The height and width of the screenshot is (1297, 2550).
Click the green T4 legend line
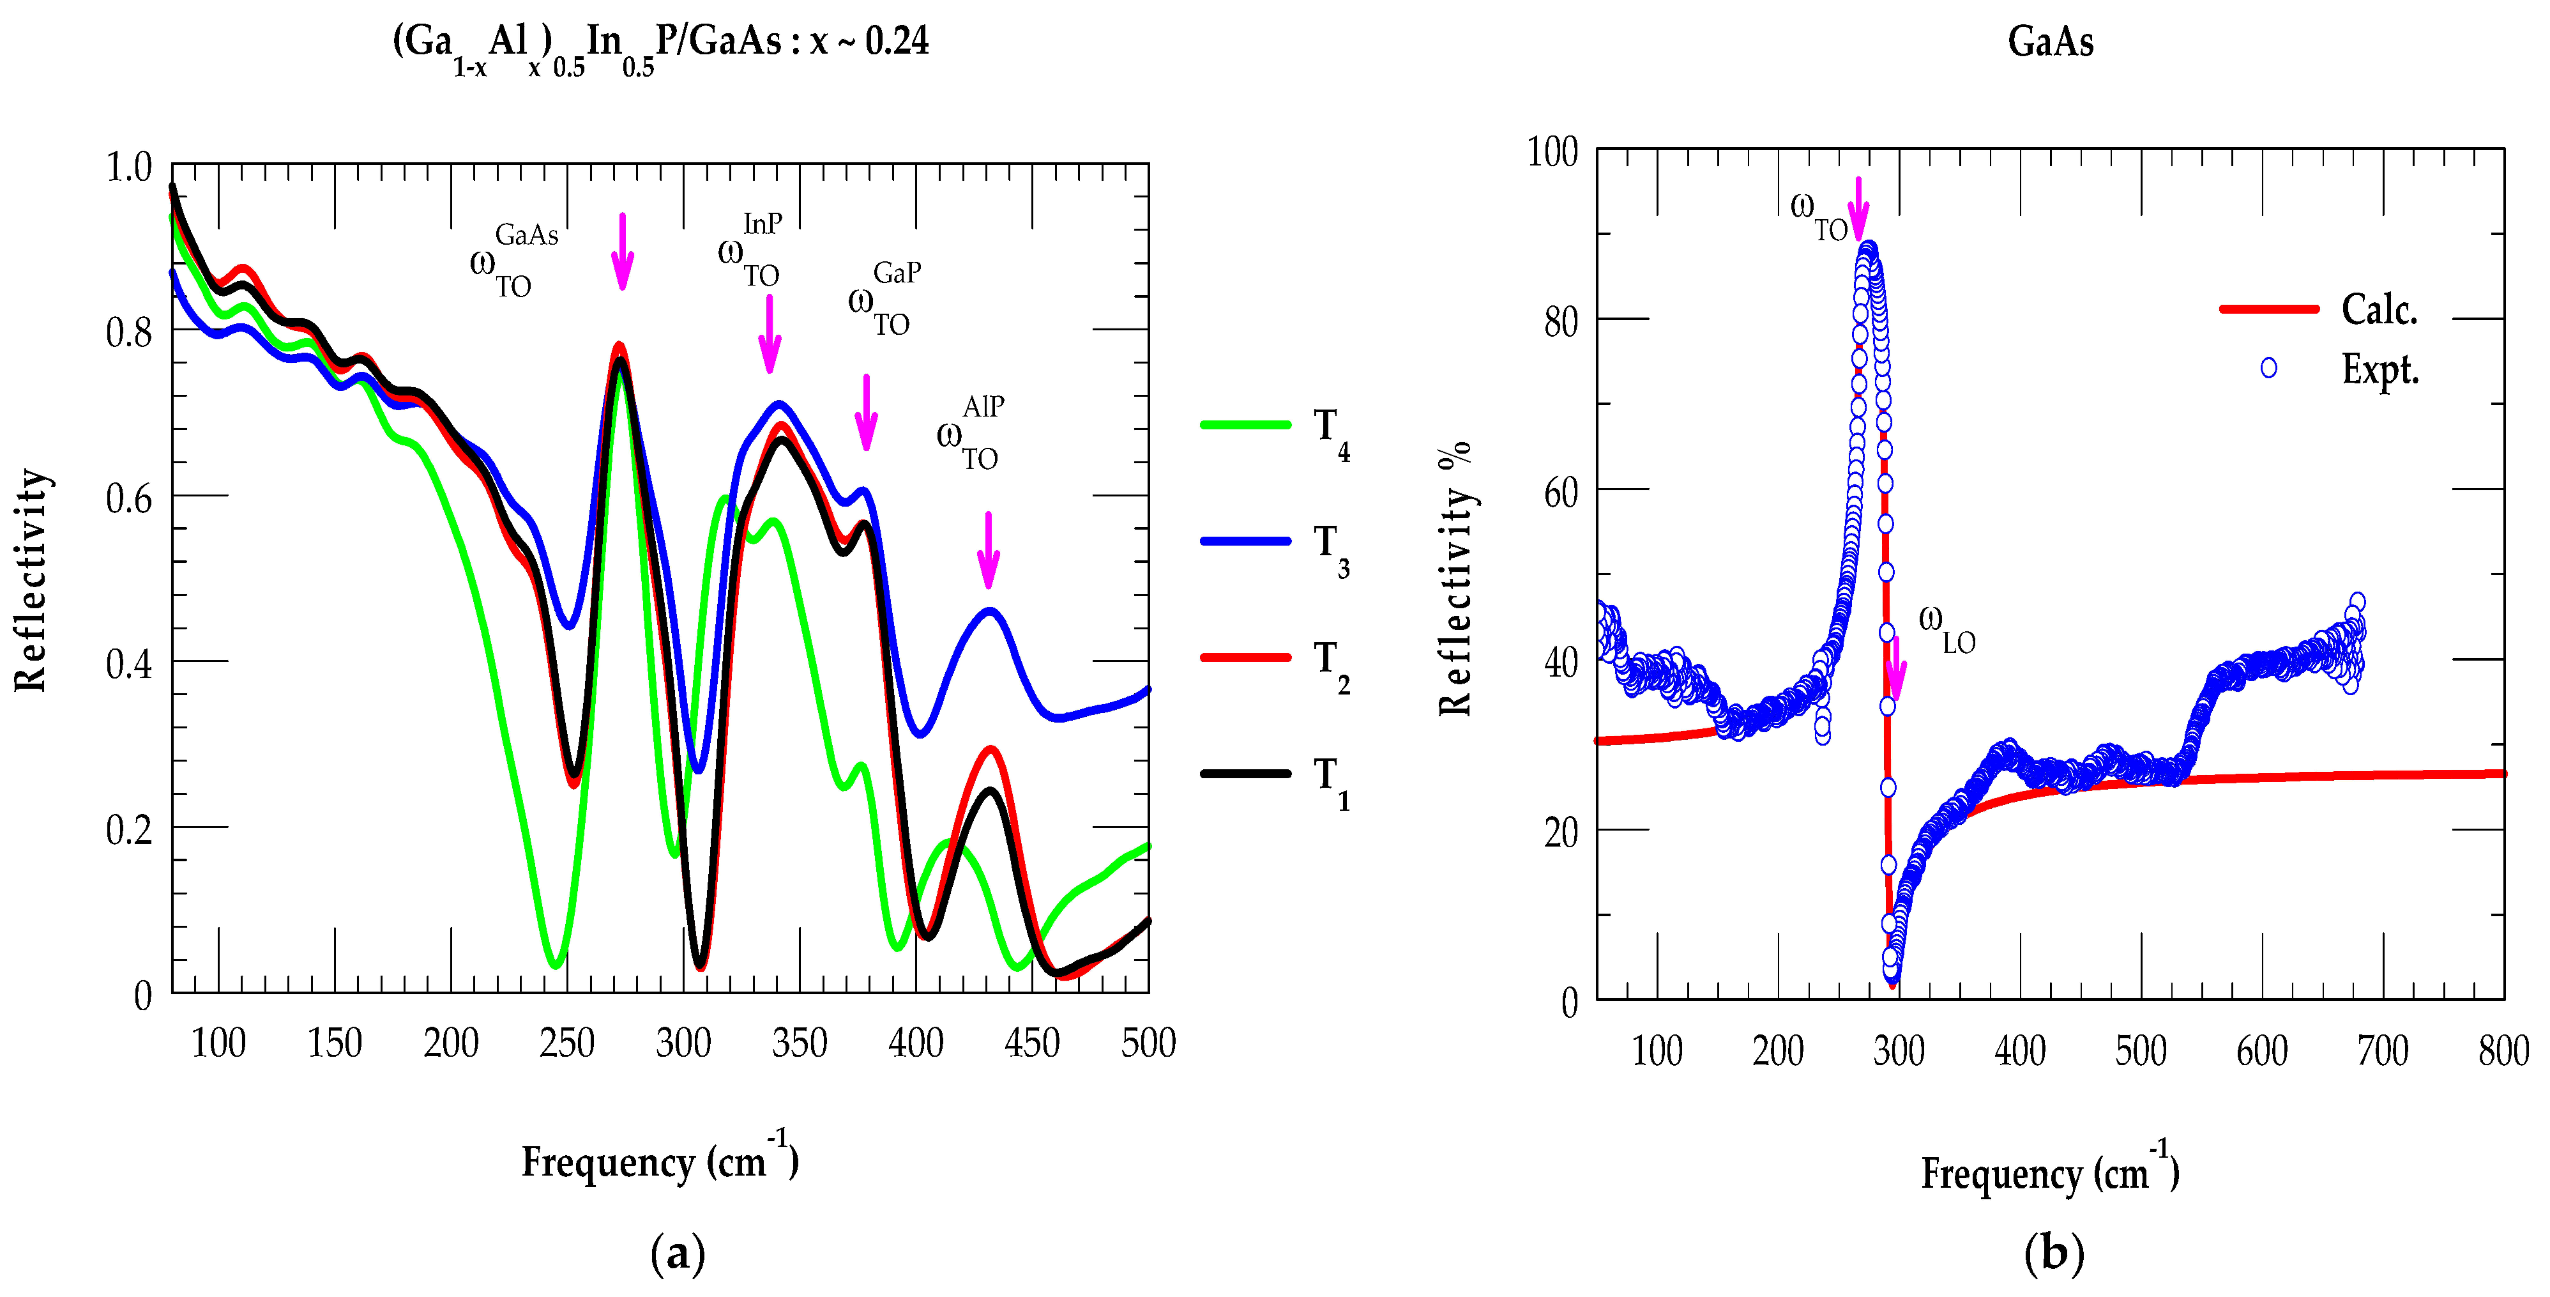[x=1245, y=425]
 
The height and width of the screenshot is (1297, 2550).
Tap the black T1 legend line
[x=1245, y=773]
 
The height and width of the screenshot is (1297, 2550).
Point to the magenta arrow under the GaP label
[x=866, y=413]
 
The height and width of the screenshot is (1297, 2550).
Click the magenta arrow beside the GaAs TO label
[x=621, y=252]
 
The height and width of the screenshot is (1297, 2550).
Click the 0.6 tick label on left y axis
[x=130, y=498]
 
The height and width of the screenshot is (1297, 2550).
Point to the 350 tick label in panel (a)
[x=799, y=1043]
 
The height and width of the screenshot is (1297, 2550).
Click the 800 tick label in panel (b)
[x=2503, y=1050]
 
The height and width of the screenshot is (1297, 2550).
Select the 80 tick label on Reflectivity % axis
[x=1560, y=322]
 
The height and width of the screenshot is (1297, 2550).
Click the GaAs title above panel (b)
[x=2050, y=42]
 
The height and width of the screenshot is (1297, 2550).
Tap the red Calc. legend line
[x=2269, y=309]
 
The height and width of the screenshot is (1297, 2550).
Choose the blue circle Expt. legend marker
[x=2268, y=368]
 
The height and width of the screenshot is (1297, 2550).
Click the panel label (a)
[x=678, y=1254]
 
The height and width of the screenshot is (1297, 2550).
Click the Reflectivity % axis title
[x=1455, y=579]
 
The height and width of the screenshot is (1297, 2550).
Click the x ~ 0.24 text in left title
[x=868, y=42]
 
